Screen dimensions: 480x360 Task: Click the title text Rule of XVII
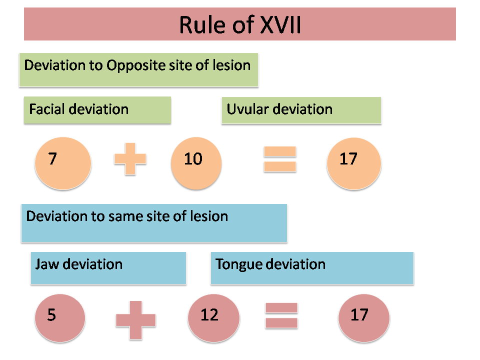pyautogui.click(x=240, y=24)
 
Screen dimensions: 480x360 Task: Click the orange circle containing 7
pyautogui.click(x=63, y=163)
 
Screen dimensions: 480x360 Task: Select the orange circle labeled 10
pyautogui.click(x=196, y=163)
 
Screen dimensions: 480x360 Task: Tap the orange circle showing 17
pyautogui.click(x=354, y=163)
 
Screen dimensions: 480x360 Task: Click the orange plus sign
pyautogui.click(x=130, y=159)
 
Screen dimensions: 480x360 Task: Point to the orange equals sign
pyautogui.click(x=280, y=159)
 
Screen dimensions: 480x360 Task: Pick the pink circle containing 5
pyautogui.click(x=60, y=318)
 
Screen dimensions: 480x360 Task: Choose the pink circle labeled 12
pyautogui.click(x=213, y=318)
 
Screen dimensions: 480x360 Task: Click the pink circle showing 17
pyautogui.click(x=364, y=318)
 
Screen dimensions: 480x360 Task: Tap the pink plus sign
pyautogui.click(x=135, y=320)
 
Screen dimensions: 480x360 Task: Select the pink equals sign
pyautogui.click(x=281, y=315)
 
